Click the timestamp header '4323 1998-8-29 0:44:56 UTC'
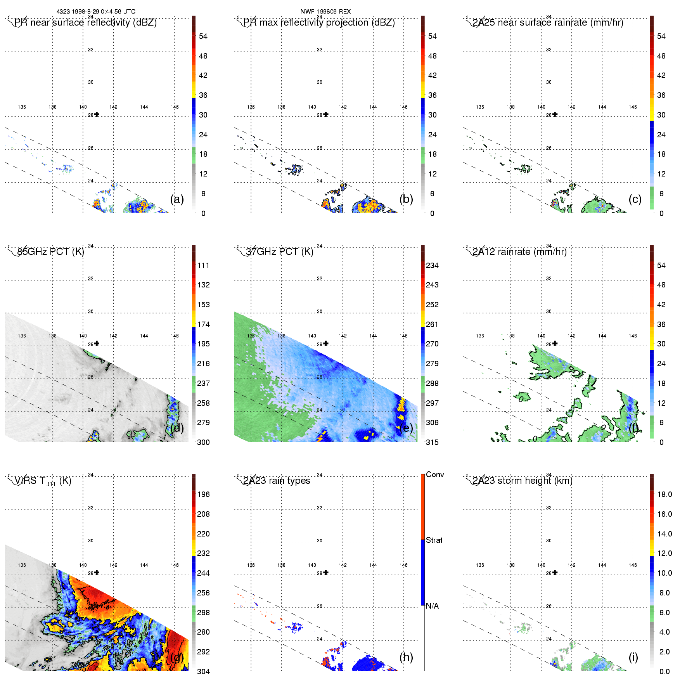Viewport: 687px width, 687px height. (96, 12)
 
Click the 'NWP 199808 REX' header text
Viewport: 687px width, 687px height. (325, 12)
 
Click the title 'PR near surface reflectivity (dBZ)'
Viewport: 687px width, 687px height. (85, 22)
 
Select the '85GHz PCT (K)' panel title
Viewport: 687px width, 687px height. (50, 252)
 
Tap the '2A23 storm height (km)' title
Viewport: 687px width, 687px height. (522, 481)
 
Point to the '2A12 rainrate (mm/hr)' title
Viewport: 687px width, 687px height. (519, 252)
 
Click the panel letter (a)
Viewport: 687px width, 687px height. (177, 199)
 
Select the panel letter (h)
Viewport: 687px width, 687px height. (406, 657)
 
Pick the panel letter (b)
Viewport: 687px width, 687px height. (406, 199)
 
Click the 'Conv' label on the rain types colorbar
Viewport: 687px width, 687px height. (435, 474)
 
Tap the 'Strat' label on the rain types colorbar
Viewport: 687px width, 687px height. (434, 540)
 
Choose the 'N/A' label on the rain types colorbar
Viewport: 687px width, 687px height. (432, 606)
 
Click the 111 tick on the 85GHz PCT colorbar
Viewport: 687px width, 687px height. (203, 265)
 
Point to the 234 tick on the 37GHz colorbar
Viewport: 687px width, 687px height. (432, 265)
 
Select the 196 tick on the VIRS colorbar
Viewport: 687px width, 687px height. (203, 494)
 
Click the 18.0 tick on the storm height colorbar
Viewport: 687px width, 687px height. (665, 494)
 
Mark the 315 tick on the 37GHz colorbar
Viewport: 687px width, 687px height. (432, 442)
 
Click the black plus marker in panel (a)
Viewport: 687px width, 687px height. (97, 114)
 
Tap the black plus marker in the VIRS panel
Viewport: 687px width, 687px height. (97, 573)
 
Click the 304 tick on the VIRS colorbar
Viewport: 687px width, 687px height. (203, 671)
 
